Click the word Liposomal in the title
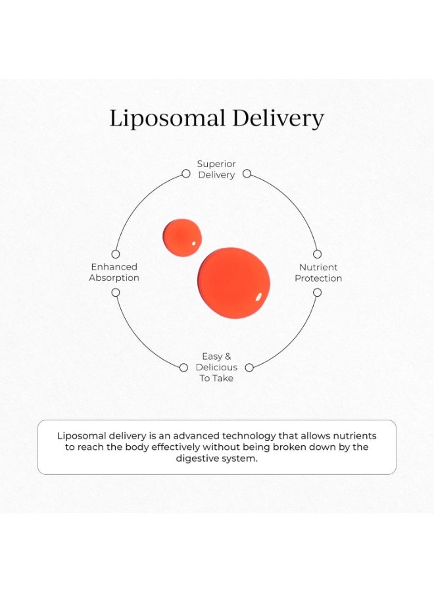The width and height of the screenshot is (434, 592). pyautogui.click(x=167, y=118)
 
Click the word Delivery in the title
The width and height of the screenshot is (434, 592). pyautogui.click(x=278, y=118)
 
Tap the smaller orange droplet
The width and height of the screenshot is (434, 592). pyautogui.click(x=182, y=237)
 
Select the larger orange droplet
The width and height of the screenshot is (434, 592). pyautogui.click(x=234, y=283)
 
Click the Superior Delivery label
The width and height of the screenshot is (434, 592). pyautogui.click(x=216, y=169)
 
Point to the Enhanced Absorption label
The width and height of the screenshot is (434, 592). pyautogui.click(x=114, y=272)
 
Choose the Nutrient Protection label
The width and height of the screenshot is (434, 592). pyautogui.click(x=318, y=272)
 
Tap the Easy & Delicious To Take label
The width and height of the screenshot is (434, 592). pyautogui.click(x=216, y=367)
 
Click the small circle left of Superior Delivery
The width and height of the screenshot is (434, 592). pyautogui.click(x=185, y=174)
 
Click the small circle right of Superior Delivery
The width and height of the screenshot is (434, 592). pyautogui.click(x=247, y=174)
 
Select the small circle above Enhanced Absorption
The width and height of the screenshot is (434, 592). pyautogui.click(x=116, y=254)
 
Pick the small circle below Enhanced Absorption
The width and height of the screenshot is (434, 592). pyautogui.click(x=116, y=293)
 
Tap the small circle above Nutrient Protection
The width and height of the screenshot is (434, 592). pyautogui.click(x=318, y=254)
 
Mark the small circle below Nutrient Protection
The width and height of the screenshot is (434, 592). pyautogui.click(x=318, y=293)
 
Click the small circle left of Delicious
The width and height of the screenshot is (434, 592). pyautogui.click(x=183, y=368)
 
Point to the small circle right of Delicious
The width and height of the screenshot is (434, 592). pyautogui.click(x=249, y=368)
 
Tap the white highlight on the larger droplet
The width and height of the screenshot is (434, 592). pyautogui.click(x=258, y=297)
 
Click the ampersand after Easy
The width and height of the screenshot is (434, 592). pyautogui.click(x=228, y=357)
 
